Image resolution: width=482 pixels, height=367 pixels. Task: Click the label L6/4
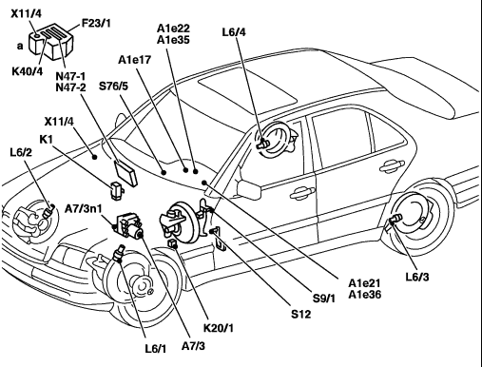[x=234, y=32]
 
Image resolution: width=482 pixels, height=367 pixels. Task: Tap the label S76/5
[x=114, y=86]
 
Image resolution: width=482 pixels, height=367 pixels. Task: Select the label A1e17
[x=135, y=60]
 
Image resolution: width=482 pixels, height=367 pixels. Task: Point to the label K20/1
[x=219, y=328]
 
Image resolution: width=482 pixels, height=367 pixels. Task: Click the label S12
[x=301, y=314]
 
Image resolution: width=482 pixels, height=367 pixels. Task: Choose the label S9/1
[x=324, y=299]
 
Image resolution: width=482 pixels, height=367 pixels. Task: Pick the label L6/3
[x=417, y=277]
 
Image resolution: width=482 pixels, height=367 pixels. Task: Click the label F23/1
[x=96, y=23]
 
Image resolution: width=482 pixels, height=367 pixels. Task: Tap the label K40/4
[x=27, y=71]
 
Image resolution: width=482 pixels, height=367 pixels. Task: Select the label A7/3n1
[x=84, y=208]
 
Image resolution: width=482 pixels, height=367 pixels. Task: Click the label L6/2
[x=21, y=152]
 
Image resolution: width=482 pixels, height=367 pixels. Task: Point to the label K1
[x=47, y=139]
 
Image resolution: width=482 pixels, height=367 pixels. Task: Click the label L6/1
[x=156, y=349]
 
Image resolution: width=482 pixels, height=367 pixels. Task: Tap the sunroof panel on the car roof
[x=247, y=88]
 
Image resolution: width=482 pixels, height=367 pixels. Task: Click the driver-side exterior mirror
[x=249, y=189]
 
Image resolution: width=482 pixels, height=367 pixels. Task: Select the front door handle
[x=302, y=192]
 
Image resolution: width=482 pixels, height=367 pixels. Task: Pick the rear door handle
[x=392, y=165]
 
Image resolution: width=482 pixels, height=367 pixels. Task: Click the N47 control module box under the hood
[x=125, y=174]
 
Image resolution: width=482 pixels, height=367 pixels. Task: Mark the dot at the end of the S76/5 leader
[x=164, y=172]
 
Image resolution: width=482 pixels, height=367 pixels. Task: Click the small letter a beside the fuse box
[x=20, y=47]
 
